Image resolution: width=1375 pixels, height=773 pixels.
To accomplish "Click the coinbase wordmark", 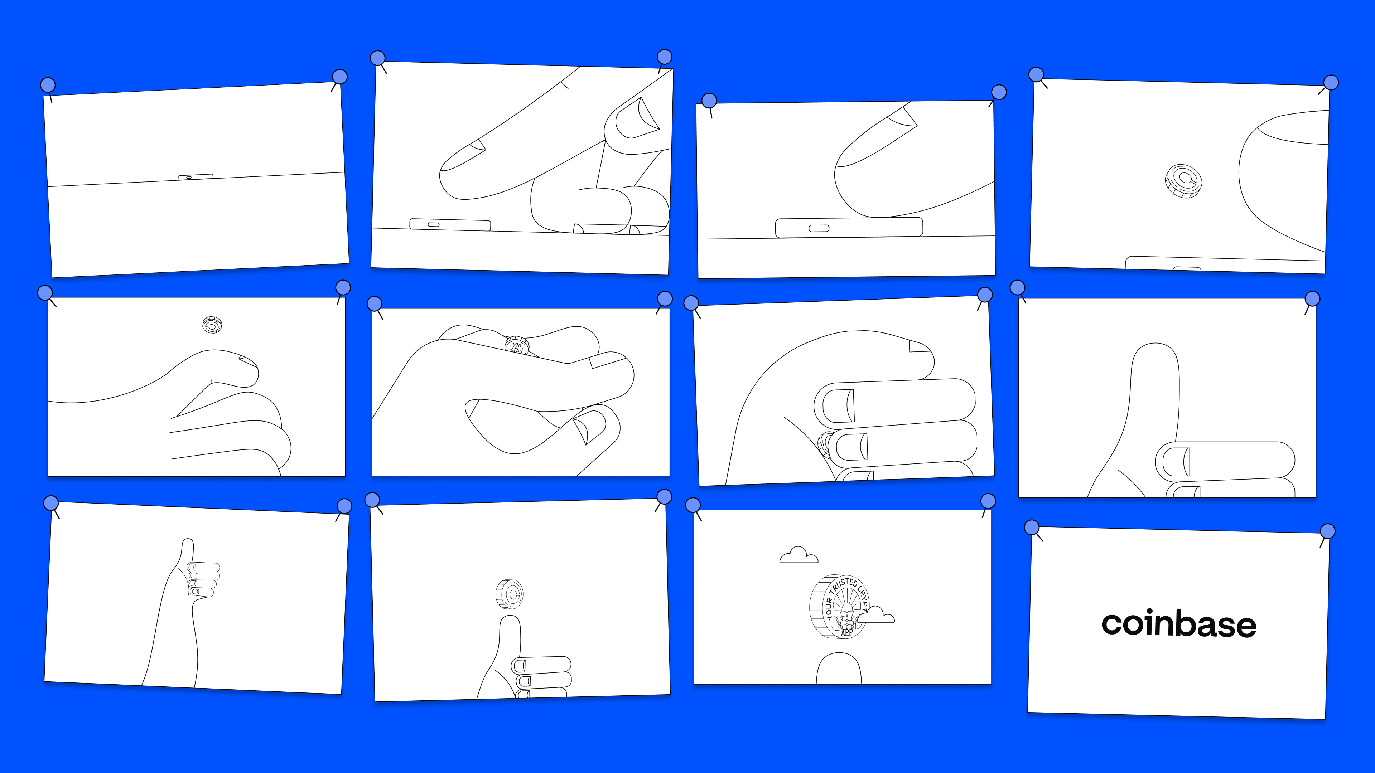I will [1178, 624].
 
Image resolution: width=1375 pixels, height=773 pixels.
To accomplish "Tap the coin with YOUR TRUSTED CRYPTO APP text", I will [838, 606].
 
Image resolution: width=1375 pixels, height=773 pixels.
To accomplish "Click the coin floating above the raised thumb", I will [509, 594].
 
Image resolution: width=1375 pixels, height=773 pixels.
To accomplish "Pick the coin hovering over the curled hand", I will [212, 324].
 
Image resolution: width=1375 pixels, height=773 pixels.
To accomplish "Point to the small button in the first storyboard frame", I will [196, 176].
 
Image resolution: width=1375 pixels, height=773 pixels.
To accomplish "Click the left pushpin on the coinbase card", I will [1032, 528].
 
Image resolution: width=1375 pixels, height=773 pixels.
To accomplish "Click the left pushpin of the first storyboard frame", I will [48, 85].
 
